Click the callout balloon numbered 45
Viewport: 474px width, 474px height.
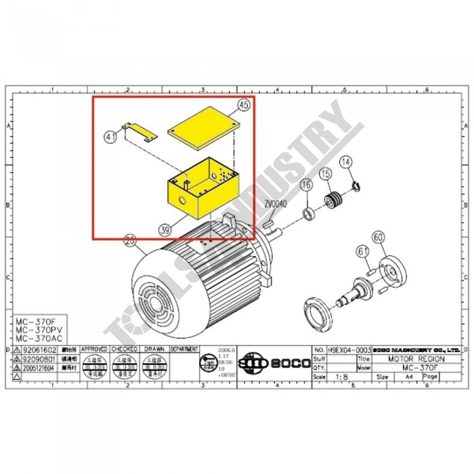pyautogui.click(x=244, y=105)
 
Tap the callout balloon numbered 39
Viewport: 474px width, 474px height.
pyautogui.click(x=164, y=230)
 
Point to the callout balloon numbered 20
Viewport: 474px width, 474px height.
pyautogui.click(x=130, y=239)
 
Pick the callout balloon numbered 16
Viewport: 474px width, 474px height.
pyautogui.click(x=305, y=185)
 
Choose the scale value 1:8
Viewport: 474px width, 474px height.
pyautogui.click(x=339, y=376)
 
